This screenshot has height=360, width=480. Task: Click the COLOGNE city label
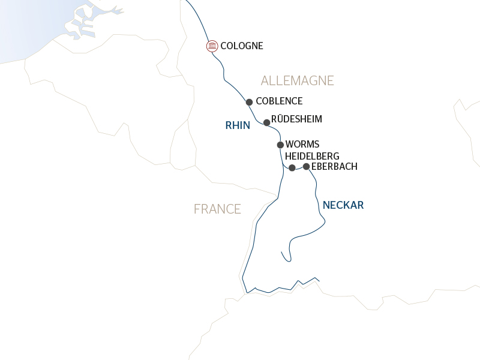(242, 46)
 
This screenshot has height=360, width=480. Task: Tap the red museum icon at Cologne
(212, 46)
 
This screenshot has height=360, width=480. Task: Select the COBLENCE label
(279, 101)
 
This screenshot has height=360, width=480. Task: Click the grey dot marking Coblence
(249, 102)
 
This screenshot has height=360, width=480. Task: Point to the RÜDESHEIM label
(296, 119)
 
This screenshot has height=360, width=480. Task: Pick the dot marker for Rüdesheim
(267, 122)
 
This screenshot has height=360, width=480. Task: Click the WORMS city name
(302, 145)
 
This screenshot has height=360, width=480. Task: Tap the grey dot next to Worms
(280, 145)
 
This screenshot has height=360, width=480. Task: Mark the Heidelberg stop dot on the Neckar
(292, 168)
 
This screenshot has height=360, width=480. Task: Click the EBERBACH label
(334, 167)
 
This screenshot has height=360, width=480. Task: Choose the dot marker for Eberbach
(307, 166)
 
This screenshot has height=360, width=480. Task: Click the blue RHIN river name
(238, 125)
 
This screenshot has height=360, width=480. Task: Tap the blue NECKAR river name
(343, 205)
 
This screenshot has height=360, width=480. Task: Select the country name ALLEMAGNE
(297, 81)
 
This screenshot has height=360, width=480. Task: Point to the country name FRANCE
(217, 209)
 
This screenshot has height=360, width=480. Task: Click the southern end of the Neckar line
(281, 251)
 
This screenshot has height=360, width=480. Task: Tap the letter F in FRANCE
(197, 209)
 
